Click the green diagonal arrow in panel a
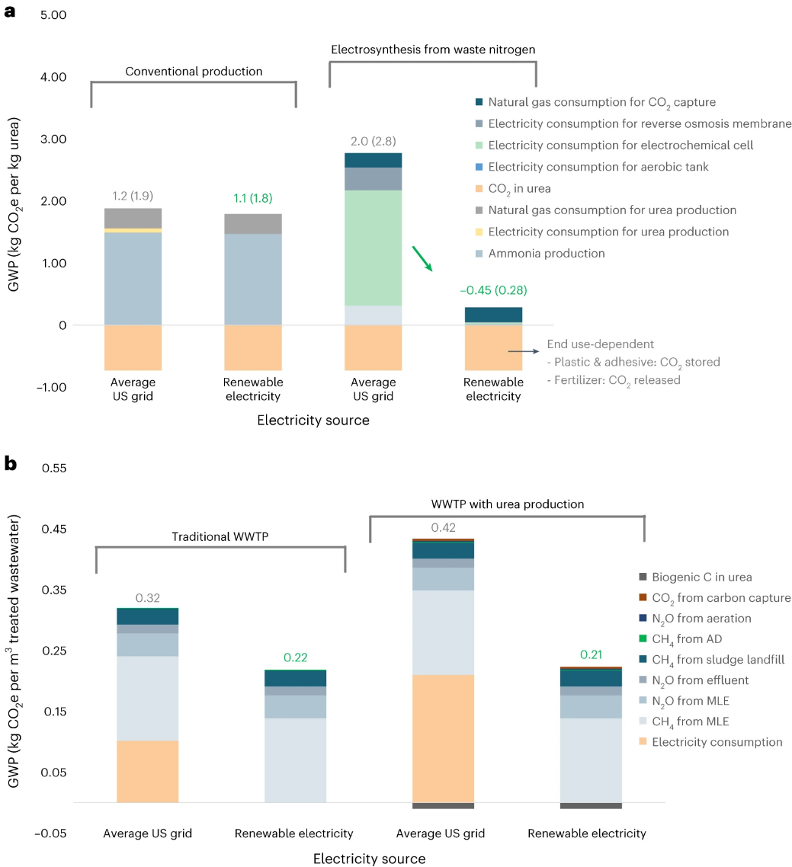pyautogui.click(x=422, y=259)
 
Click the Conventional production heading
pyautogui.click(x=194, y=71)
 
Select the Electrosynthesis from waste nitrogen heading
pyautogui.click(x=433, y=50)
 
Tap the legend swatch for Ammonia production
pyautogui.click(x=478, y=254)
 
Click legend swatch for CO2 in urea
pyautogui.click(x=478, y=188)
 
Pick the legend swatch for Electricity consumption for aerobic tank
pyautogui.click(x=478, y=166)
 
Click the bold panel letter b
pyautogui.click(x=11, y=462)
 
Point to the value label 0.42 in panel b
pyautogui.click(x=444, y=527)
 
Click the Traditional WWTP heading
pyautogui.click(x=221, y=536)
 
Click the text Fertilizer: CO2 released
pyautogui.click(x=617, y=380)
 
